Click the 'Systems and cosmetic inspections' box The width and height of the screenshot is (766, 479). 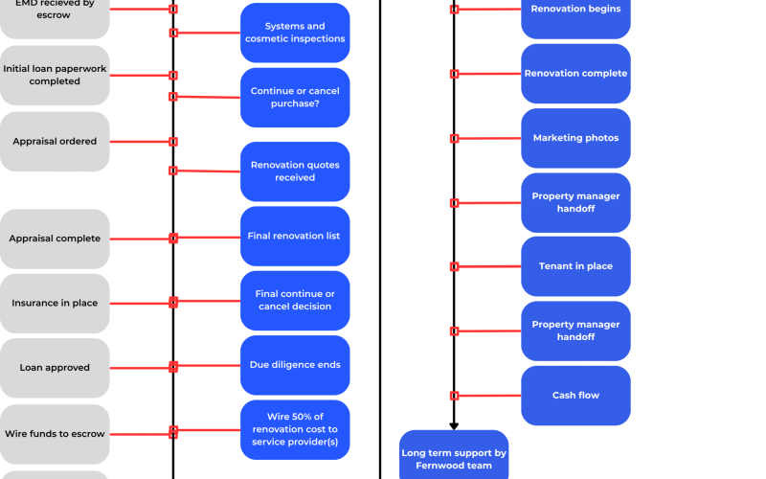click(x=295, y=33)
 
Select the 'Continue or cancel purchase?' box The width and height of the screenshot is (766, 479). click(x=295, y=98)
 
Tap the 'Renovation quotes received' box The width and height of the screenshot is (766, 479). click(x=295, y=171)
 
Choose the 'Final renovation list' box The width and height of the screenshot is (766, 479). click(x=295, y=236)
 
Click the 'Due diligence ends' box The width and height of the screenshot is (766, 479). click(x=295, y=365)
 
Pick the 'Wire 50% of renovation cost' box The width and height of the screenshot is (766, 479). click(x=295, y=429)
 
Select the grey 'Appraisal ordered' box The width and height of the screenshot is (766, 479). click(x=55, y=142)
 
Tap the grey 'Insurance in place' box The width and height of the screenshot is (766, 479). click(x=55, y=304)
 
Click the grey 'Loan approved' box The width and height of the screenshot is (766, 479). click(x=55, y=368)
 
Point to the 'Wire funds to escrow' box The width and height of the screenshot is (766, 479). click(x=55, y=434)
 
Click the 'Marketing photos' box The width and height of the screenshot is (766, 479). click(x=576, y=138)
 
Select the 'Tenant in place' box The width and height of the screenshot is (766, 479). click(x=576, y=266)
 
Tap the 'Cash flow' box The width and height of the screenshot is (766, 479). click(x=576, y=396)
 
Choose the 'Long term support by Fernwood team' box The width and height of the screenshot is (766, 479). click(x=454, y=456)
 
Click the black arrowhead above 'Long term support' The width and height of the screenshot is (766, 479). click(x=454, y=426)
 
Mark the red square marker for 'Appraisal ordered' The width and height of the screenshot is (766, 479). click(x=173, y=142)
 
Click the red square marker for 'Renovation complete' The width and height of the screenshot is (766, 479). click(x=454, y=74)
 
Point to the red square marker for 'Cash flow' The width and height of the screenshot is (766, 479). click(x=454, y=396)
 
